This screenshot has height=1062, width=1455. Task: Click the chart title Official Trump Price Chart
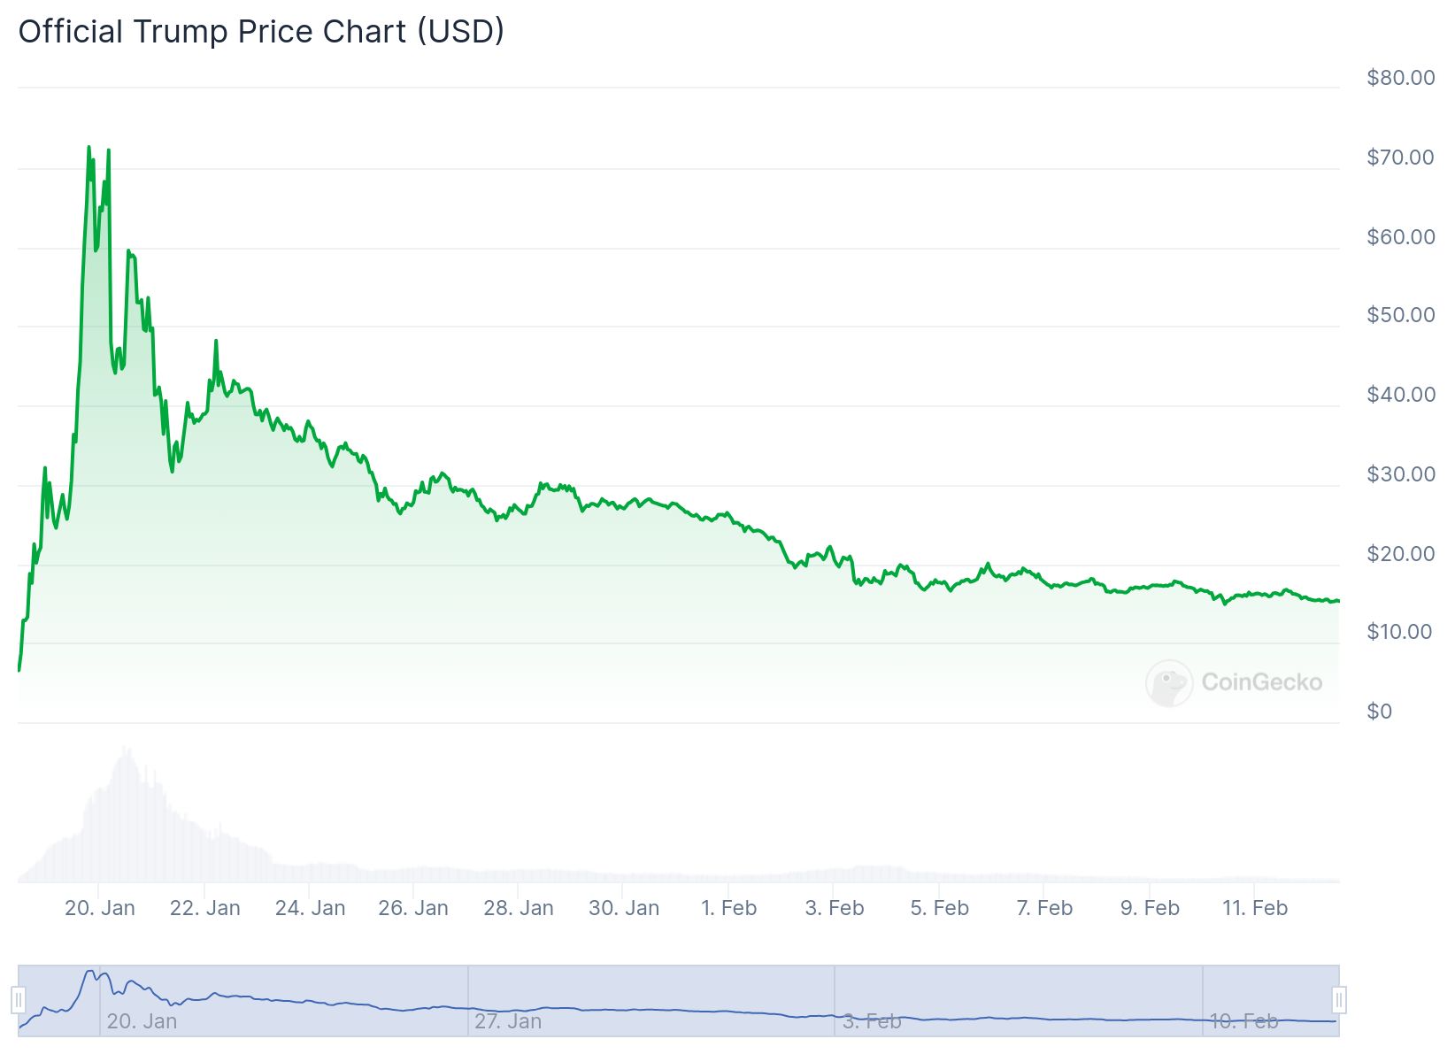(x=261, y=32)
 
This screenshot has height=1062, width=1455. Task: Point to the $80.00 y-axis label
(x=1400, y=78)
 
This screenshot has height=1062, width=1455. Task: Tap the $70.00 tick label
(x=1400, y=158)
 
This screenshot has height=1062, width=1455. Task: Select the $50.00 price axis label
(x=1400, y=315)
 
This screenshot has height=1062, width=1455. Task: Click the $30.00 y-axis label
(x=1400, y=474)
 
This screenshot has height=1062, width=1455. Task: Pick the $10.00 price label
(x=1400, y=632)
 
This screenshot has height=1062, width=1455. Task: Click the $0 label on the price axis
(x=1379, y=712)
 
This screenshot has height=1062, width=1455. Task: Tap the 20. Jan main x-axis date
(x=100, y=908)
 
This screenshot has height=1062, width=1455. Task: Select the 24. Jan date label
(x=310, y=908)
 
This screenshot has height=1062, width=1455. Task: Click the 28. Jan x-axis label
(x=519, y=908)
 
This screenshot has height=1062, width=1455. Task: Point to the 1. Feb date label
(x=729, y=908)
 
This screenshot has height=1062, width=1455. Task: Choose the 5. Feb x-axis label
(x=939, y=908)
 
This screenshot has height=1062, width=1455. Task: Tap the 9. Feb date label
(x=1150, y=908)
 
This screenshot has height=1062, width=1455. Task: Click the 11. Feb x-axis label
(x=1255, y=908)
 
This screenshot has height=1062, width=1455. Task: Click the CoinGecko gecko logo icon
(x=1168, y=682)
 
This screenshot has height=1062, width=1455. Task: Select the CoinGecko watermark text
(x=1261, y=682)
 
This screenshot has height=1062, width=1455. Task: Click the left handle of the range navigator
(x=19, y=1000)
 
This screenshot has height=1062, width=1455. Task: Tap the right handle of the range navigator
(x=1339, y=1000)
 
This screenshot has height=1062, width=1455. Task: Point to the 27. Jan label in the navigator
(x=508, y=1021)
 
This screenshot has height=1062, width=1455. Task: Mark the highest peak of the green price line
(x=89, y=147)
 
